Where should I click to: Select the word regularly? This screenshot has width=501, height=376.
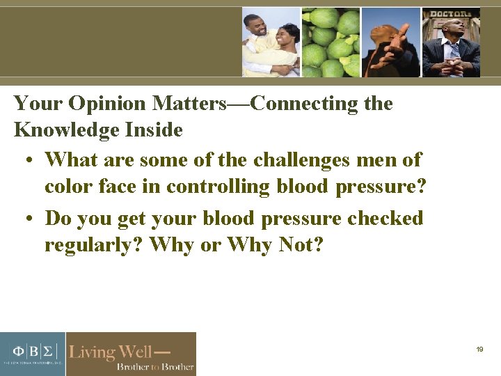(94, 245)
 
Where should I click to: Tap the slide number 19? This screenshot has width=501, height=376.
(479, 350)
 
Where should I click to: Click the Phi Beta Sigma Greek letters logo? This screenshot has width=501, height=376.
(32, 350)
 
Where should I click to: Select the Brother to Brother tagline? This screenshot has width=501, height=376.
(154, 366)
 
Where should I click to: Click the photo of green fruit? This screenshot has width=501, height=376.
(330, 42)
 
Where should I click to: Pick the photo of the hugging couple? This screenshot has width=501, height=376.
(271, 42)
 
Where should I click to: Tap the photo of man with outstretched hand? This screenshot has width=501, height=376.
(390, 42)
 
